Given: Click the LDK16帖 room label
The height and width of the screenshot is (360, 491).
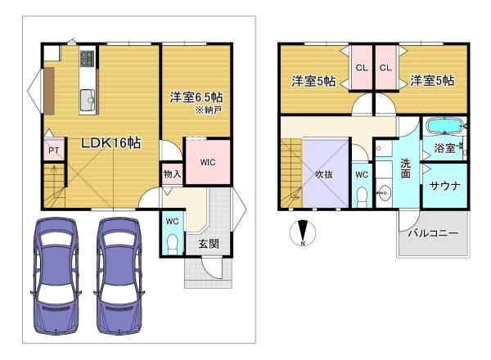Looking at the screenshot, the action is coord(110,143).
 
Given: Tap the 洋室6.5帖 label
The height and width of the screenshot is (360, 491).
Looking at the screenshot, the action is coord(196,97).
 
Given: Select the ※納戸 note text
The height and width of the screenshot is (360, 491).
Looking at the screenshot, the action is coord(209,110).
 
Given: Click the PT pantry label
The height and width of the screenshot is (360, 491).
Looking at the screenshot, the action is coord(53,151).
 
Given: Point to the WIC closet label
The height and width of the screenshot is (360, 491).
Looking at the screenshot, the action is coord(208,162).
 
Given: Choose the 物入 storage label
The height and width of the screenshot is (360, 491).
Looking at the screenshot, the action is coord(172,174).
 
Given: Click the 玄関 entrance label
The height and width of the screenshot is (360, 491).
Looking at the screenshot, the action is coord(209,244).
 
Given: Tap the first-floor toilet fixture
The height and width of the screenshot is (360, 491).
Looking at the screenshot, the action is coord(172,244).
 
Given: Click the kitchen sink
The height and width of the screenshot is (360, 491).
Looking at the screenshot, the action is coord(88,100).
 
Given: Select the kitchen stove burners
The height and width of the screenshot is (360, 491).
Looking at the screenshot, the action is coord(88,58).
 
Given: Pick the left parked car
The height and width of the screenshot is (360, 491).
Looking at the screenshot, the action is coord(56,276).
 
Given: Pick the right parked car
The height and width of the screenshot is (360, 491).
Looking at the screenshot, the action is coord(119,276).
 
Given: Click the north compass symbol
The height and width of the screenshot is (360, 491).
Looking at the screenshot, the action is coord(303,232).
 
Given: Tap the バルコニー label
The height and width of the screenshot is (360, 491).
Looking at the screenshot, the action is coord(433,233).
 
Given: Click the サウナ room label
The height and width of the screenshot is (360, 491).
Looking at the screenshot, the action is coord(445,186).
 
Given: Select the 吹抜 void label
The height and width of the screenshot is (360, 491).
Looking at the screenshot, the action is coord(324,174).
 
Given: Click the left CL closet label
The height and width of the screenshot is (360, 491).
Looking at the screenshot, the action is coord(362,67).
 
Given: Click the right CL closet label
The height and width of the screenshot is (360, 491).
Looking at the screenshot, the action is coord(385,67).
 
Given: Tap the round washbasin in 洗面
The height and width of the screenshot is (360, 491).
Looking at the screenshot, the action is coord(384,192).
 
